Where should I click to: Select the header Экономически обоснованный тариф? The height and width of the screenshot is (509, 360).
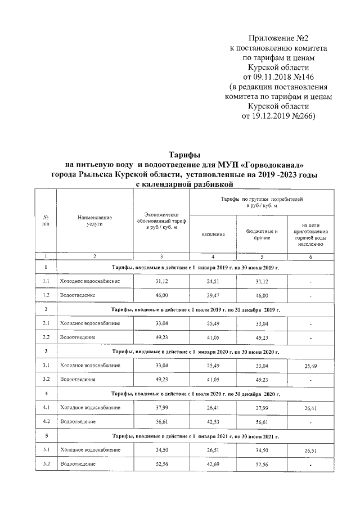click(x=161, y=221)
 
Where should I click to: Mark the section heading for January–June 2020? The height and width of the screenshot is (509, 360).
click(x=195, y=352)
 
